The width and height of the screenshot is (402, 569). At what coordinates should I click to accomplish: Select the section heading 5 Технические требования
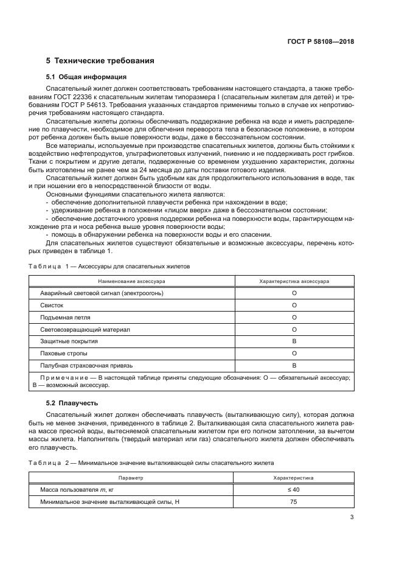pyautogui.click(x=100, y=61)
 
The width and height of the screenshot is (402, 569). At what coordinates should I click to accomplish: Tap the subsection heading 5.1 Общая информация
pyautogui.click(x=86, y=77)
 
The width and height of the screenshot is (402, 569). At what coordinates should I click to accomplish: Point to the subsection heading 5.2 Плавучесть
pyautogui.click(x=72, y=403)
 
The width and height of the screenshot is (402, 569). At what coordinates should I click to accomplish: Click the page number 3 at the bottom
pyautogui.click(x=352, y=518)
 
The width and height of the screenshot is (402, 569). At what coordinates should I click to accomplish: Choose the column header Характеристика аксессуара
pyautogui.click(x=294, y=282)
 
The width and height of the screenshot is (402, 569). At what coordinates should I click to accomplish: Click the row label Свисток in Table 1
pyautogui.click(x=51, y=305)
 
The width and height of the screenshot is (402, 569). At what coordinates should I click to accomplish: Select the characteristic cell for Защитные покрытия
pyautogui.click(x=294, y=341)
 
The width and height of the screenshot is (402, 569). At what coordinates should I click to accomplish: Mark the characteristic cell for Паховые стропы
pyautogui.click(x=294, y=353)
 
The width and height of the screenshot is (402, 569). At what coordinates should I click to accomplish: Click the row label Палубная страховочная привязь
pyautogui.click(x=86, y=365)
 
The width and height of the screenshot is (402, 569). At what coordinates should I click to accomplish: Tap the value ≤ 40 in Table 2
pyautogui.click(x=294, y=490)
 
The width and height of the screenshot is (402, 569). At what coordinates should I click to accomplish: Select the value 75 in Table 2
pyautogui.click(x=294, y=501)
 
